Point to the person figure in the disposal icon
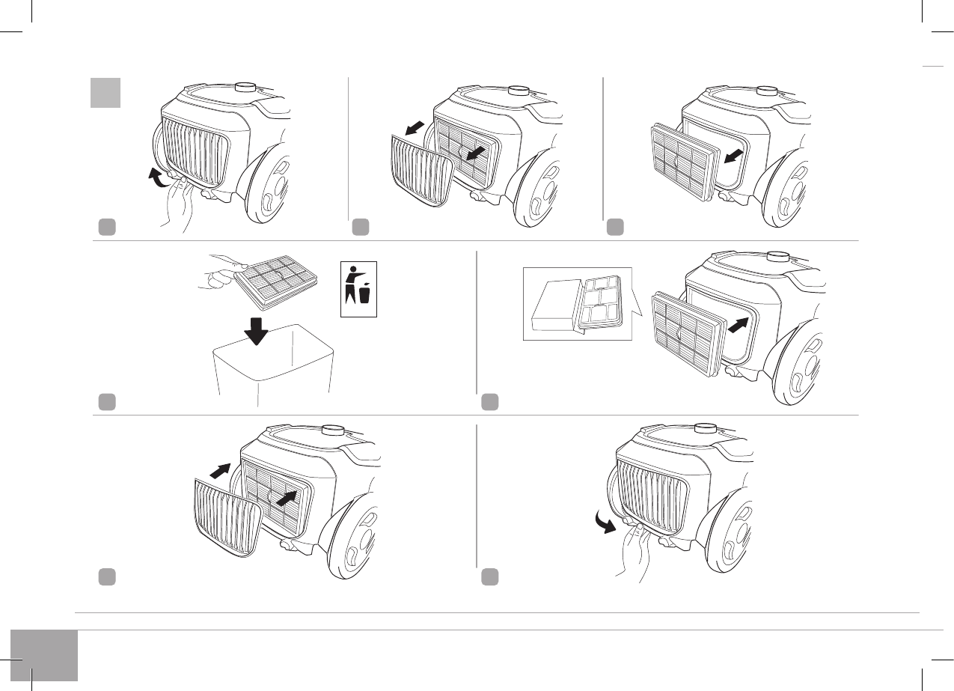(352, 284)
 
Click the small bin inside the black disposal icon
(364, 293)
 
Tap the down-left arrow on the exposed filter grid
(474, 153)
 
